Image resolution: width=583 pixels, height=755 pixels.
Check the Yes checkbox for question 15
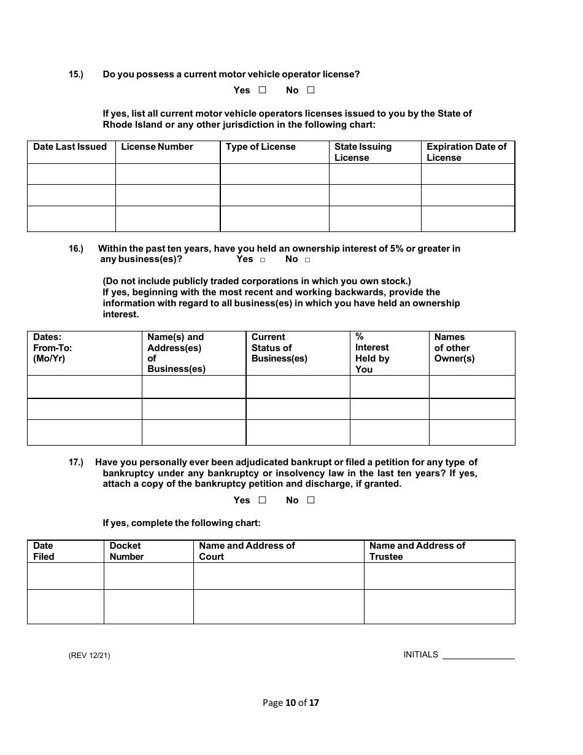tap(262, 90)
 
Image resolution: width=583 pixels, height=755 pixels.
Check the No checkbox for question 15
tap(311, 90)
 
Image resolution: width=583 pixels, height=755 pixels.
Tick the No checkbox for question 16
tap(307, 260)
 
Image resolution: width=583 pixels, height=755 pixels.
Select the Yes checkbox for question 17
tap(262, 500)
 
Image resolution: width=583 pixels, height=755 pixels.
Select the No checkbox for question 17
tap(311, 500)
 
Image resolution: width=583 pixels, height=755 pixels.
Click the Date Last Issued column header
tap(70, 147)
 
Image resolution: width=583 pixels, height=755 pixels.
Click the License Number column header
tap(157, 147)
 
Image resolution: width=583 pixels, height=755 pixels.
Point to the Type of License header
tap(261, 147)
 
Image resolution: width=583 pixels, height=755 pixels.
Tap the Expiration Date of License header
tap(466, 152)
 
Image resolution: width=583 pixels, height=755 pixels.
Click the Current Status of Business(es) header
tap(279, 347)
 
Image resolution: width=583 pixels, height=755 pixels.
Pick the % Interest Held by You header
tap(372, 353)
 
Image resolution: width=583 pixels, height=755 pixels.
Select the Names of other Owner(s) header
tap(454, 347)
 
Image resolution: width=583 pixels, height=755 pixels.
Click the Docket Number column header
tap(126, 551)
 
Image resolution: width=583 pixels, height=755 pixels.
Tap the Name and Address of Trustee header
tap(417, 551)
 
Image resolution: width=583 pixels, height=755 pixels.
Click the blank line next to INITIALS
tap(478, 654)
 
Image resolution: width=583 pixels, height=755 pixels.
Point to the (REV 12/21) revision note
tap(90, 655)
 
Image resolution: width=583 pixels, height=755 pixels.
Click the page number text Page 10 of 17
tap(291, 703)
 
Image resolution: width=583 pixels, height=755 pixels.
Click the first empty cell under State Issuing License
tap(375, 174)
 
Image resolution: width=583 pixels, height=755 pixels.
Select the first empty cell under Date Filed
tap(66, 576)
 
